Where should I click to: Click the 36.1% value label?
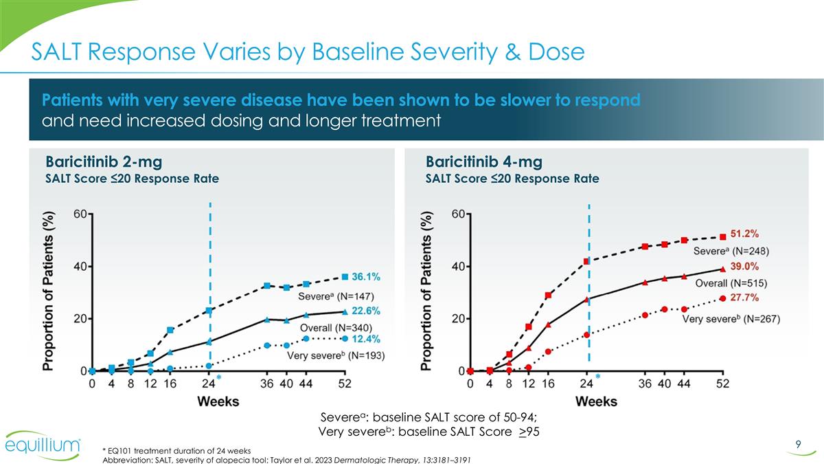pyautogui.click(x=366, y=277)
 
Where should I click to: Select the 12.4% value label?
pyautogui.click(x=366, y=339)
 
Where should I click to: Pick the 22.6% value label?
pyautogui.click(x=366, y=310)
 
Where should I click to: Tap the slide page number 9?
pyautogui.click(x=799, y=445)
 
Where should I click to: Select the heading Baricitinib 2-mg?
pyautogui.click(x=104, y=162)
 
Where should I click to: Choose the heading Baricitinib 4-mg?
pyautogui.click(x=484, y=162)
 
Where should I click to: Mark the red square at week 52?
pyautogui.click(x=722, y=237)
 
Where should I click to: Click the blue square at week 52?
pyautogui.click(x=345, y=277)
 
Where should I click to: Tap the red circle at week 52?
pyautogui.click(x=722, y=298)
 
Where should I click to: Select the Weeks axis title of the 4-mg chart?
pyautogui.click(x=595, y=400)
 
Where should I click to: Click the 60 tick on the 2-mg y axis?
pyautogui.click(x=80, y=214)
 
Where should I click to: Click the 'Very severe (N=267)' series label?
pyautogui.click(x=731, y=320)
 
